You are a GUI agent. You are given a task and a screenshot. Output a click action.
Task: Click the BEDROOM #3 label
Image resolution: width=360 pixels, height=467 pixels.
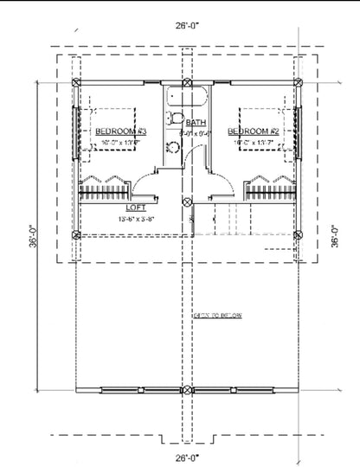(x=122, y=131)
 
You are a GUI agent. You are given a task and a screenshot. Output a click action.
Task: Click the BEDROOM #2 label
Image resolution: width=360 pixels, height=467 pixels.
(x=251, y=131)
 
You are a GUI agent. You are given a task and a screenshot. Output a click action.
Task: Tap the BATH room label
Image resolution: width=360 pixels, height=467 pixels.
(x=196, y=123)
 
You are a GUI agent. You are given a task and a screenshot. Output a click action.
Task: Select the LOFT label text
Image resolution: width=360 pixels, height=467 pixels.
(x=136, y=208)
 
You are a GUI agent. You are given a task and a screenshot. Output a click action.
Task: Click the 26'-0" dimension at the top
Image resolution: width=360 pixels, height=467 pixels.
(x=185, y=26)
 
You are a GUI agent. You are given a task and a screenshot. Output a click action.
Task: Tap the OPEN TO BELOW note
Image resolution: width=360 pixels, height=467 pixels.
(x=216, y=316)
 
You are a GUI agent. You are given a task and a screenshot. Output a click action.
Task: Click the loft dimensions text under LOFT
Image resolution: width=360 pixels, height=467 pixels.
(x=136, y=219)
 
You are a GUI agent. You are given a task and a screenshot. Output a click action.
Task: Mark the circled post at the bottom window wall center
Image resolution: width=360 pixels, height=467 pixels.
(x=185, y=388)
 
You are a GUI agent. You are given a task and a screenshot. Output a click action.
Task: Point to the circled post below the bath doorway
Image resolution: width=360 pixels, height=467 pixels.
(x=185, y=203)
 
